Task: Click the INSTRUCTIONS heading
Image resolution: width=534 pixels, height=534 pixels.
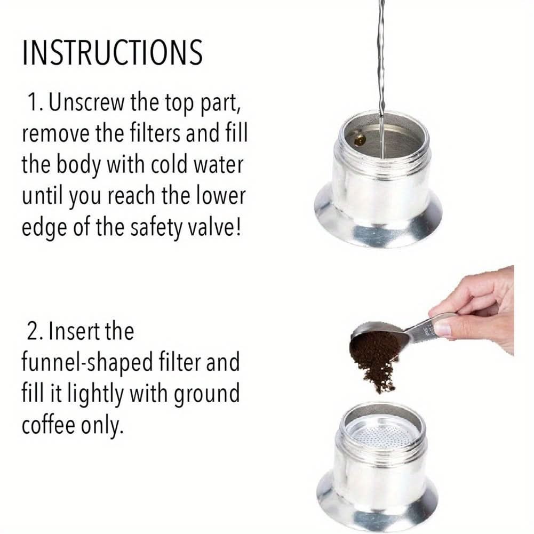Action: pyautogui.click(x=113, y=52)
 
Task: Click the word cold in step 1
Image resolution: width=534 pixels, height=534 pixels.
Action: pyautogui.click(x=169, y=164)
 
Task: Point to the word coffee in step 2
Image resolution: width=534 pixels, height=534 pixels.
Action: pyautogui.click(x=49, y=425)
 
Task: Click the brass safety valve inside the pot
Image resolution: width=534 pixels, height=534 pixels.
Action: pyautogui.click(x=360, y=139)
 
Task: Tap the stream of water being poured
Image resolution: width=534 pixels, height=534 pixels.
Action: pyautogui.click(x=382, y=78)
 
